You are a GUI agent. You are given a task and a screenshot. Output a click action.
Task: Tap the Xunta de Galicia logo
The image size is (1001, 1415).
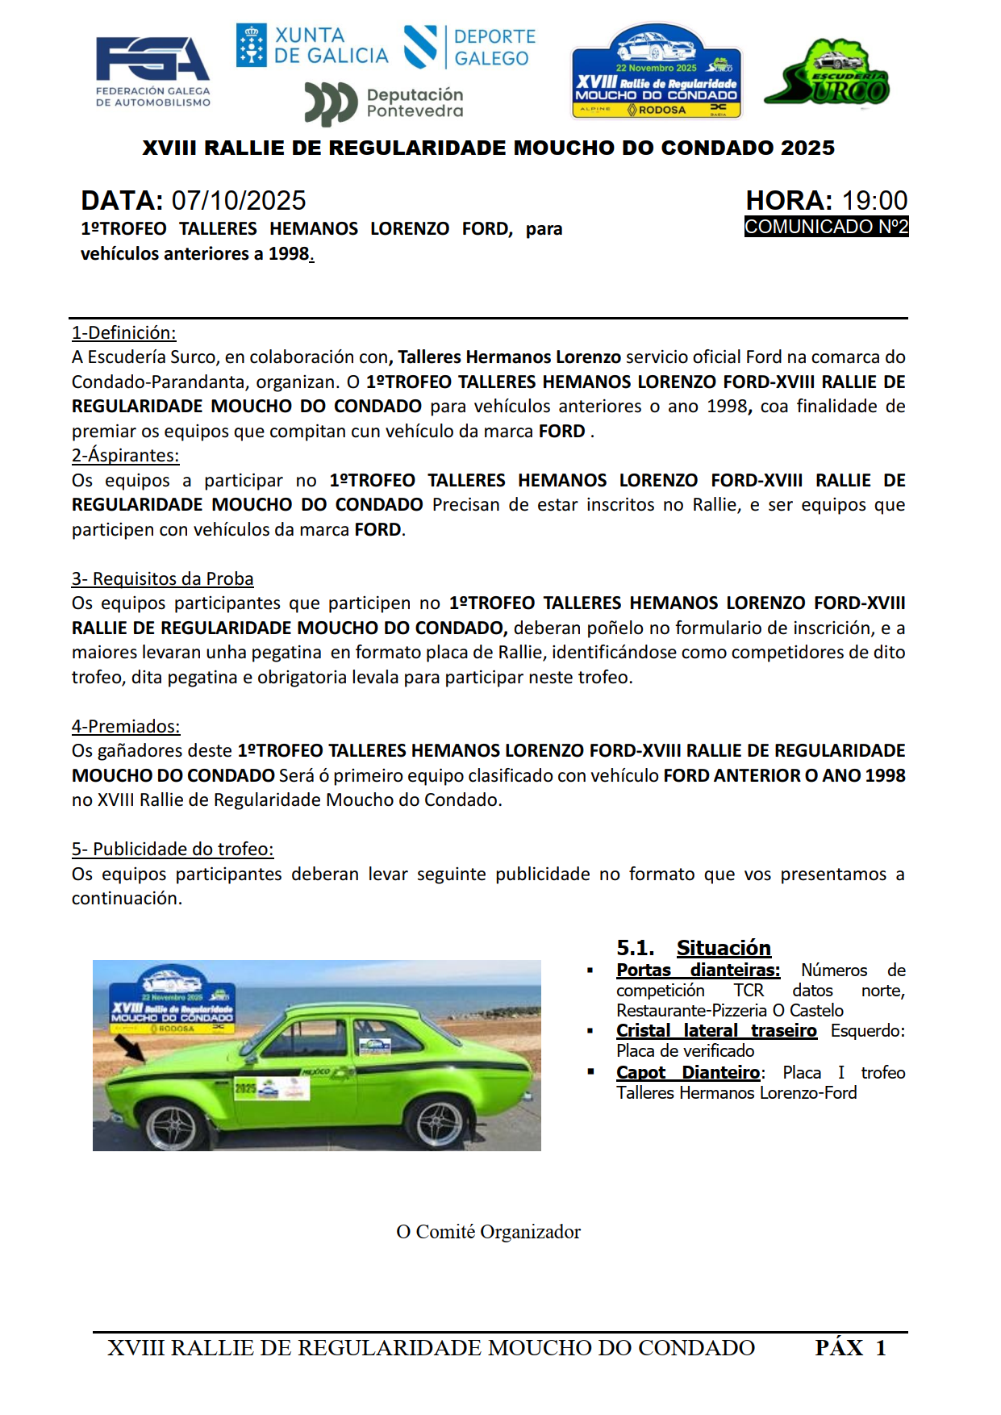click(312, 46)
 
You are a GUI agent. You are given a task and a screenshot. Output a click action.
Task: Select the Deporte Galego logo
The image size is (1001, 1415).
click(470, 47)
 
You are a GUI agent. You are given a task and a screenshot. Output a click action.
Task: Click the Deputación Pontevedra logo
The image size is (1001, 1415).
click(385, 103)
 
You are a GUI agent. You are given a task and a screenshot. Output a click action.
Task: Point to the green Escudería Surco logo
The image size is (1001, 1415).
click(827, 74)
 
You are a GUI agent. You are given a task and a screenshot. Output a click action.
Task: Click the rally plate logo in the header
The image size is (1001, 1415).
click(656, 73)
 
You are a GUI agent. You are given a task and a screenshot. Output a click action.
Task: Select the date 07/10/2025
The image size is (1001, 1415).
click(239, 200)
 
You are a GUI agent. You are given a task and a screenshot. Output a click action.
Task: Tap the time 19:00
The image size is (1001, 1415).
click(874, 200)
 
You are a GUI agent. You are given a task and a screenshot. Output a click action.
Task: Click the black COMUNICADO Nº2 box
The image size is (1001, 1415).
click(826, 227)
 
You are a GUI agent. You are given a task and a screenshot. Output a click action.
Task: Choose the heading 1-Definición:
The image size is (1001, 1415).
click(123, 332)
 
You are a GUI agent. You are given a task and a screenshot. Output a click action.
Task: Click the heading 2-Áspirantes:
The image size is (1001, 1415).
click(125, 455)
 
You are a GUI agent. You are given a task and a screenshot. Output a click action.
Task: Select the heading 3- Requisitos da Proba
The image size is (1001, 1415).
click(162, 578)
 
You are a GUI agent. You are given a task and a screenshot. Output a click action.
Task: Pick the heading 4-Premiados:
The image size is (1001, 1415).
click(126, 726)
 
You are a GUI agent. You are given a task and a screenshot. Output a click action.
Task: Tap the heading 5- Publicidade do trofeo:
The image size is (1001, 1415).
click(173, 849)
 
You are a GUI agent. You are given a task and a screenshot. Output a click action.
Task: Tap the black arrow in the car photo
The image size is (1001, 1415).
click(129, 1048)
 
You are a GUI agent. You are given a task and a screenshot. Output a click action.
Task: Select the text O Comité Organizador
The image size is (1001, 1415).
click(488, 1232)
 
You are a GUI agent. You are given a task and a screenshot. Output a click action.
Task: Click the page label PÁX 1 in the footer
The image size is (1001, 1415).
click(850, 1348)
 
